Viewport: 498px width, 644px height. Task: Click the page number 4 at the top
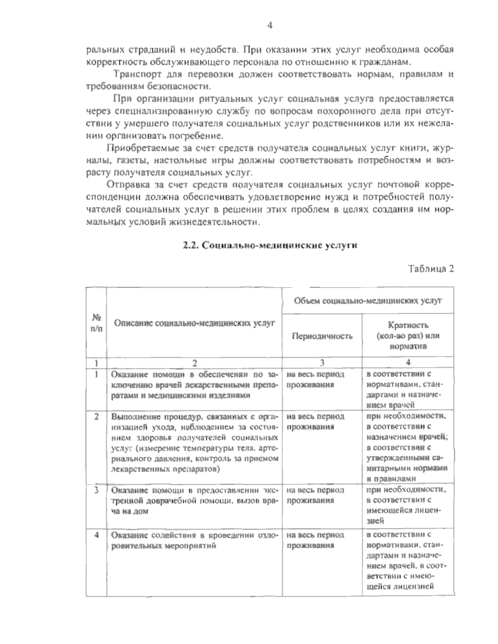(269, 26)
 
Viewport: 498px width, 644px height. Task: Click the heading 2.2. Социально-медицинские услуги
(270, 245)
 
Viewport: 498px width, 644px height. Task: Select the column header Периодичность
(322, 336)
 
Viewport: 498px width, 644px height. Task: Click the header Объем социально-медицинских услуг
(368, 300)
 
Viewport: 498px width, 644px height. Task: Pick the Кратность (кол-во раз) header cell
(408, 336)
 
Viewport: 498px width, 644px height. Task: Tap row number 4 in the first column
(96, 535)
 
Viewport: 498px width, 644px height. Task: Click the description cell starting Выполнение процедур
(194, 442)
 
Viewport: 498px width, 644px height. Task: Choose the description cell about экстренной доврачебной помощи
(194, 500)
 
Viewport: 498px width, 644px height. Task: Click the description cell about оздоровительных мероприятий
(194, 541)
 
